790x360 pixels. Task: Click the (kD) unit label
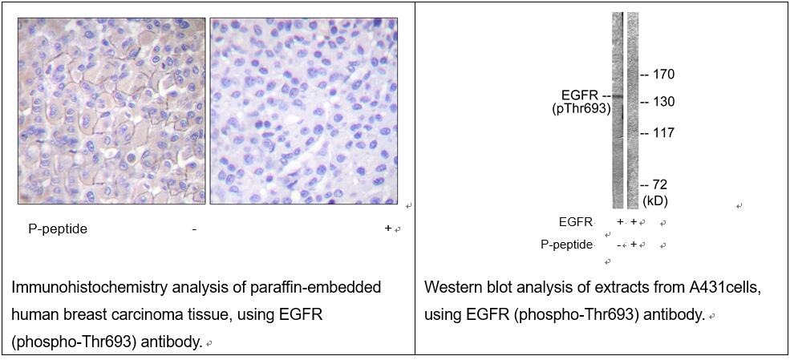[655, 201]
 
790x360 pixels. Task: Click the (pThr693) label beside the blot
[581, 109]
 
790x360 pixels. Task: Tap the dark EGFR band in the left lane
[618, 95]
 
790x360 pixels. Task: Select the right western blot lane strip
[633, 111]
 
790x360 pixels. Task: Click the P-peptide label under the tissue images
[58, 229]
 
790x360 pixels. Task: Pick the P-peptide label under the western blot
[567, 245]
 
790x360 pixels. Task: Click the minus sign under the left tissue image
[194, 229]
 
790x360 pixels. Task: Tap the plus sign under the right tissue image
[388, 228]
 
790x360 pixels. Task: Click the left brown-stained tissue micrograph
[111, 111]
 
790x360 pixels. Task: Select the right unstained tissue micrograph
[304, 111]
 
